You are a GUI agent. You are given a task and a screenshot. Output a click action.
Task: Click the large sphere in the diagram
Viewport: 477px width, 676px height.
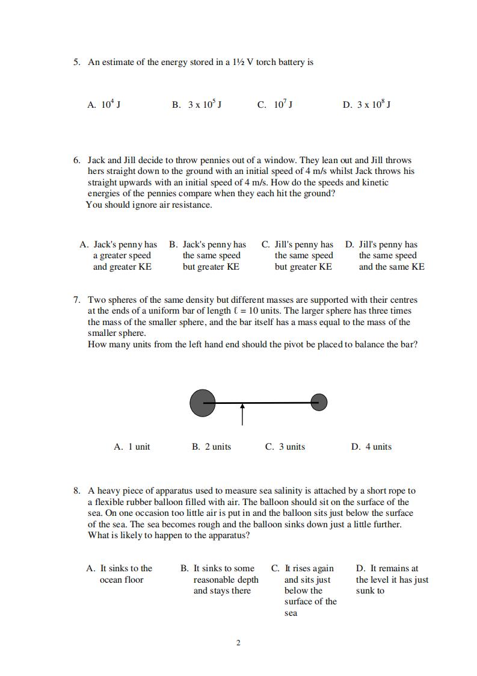tap(203, 403)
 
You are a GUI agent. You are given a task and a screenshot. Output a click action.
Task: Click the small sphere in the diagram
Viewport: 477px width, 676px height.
tap(319, 402)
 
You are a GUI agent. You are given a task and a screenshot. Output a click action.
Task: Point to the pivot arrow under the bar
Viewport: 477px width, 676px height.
tap(242, 414)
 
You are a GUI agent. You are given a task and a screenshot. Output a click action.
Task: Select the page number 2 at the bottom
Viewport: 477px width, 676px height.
tap(238, 643)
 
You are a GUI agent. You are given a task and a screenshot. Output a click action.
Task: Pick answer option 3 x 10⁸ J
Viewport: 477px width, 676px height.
tap(366, 105)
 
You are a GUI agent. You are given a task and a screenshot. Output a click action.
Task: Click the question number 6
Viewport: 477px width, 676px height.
tap(76, 160)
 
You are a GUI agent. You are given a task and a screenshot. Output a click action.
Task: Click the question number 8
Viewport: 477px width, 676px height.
tap(76, 491)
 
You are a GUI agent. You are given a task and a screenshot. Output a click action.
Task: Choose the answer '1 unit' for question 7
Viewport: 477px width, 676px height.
tap(132, 447)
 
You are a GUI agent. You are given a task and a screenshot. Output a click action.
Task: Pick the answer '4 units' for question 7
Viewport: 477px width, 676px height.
tap(371, 447)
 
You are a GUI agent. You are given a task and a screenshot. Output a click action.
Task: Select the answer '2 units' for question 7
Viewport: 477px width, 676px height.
tap(211, 447)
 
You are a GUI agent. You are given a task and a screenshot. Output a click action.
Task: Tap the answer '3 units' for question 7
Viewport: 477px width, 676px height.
tap(285, 447)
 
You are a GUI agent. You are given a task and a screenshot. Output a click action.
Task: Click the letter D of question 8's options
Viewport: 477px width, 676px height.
tap(360, 568)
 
